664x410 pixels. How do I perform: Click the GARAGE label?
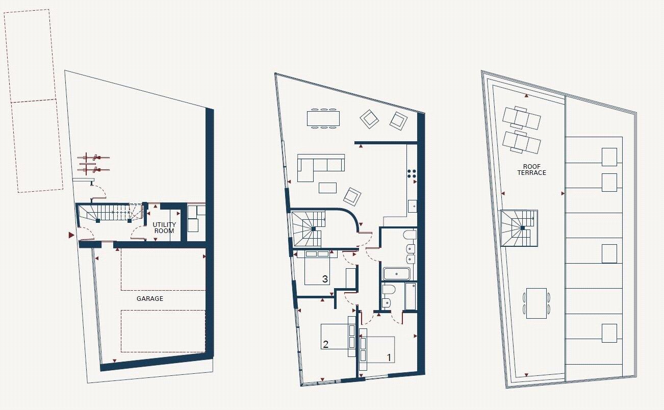pyautogui.click(x=149, y=298)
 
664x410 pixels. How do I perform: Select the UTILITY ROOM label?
pyautogui.click(x=164, y=227)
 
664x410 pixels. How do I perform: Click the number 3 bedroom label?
pyautogui.click(x=324, y=279)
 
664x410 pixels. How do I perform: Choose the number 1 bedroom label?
pyautogui.click(x=389, y=358)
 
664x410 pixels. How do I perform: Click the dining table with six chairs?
pyautogui.click(x=323, y=118)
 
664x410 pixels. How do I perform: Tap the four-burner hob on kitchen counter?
pyautogui.click(x=413, y=173)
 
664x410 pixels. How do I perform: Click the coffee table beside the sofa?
pyautogui.click(x=327, y=187)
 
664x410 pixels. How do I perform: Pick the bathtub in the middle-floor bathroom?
pyautogui.click(x=396, y=274)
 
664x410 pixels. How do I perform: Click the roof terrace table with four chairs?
pyautogui.click(x=536, y=303)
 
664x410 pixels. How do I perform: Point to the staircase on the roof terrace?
pyautogui.click(x=519, y=227)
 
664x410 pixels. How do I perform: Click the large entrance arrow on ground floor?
pyautogui.click(x=71, y=235)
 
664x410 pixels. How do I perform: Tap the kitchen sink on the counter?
pyautogui.click(x=413, y=207)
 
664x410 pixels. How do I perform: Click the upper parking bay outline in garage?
pyautogui.click(x=162, y=270)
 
